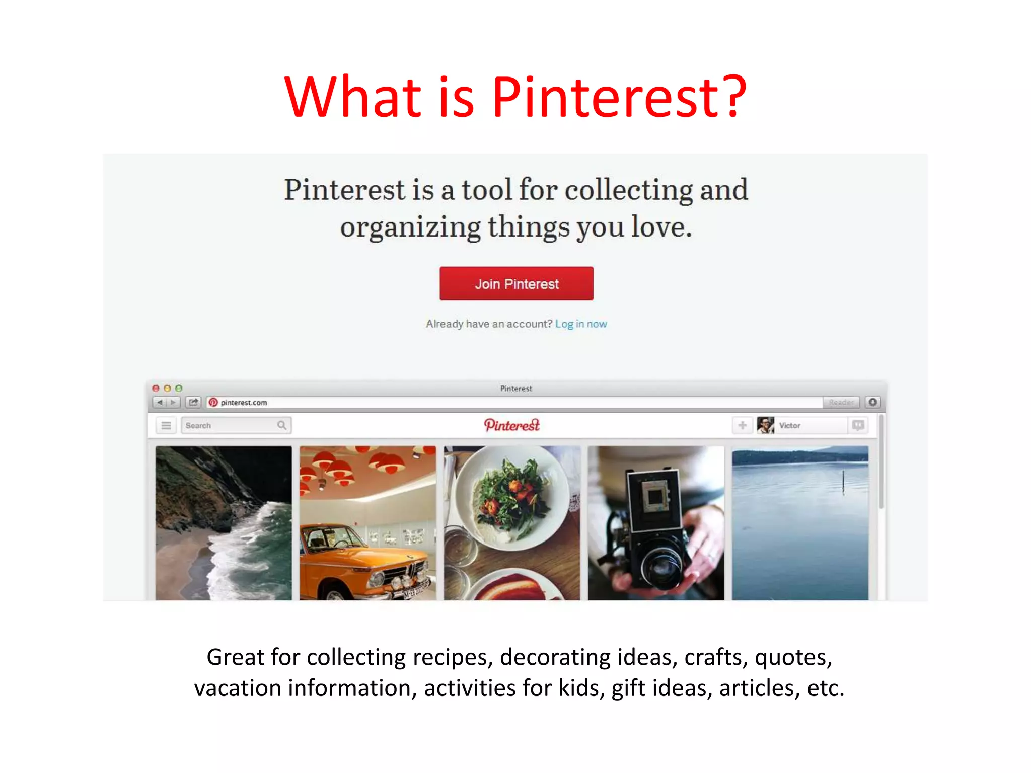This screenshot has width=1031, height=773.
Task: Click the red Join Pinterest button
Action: [516, 284]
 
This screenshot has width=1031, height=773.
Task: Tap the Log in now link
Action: [581, 324]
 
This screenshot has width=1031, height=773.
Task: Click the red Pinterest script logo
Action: [511, 425]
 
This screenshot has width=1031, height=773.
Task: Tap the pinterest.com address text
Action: [244, 403]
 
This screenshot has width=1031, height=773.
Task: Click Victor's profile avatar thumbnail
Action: [765, 425]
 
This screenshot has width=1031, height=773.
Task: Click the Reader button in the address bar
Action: [841, 403]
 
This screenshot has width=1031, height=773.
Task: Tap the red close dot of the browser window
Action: [156, 389]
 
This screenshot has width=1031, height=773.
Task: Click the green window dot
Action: [179, 389]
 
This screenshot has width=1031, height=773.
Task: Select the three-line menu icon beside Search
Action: [166, 426]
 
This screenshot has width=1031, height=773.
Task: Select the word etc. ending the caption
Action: [825, 688]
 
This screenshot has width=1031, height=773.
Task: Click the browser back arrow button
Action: [160, 403]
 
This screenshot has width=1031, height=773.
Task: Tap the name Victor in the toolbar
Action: [789, 426]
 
